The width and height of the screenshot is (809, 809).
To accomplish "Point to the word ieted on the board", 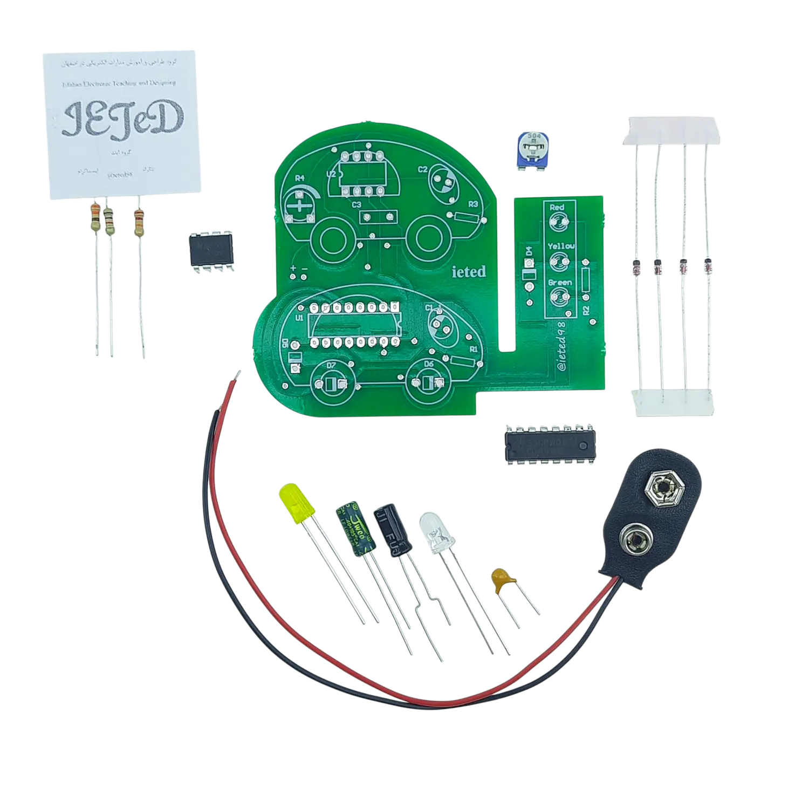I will point(468,272).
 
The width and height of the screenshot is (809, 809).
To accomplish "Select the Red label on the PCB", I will point(557,207).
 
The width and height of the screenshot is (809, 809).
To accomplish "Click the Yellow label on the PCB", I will point(561,246).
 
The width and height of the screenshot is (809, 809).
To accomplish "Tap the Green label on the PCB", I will point(559,283).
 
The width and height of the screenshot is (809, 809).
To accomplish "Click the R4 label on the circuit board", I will point(299,179).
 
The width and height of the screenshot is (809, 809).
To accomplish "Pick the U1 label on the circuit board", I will point(299,318).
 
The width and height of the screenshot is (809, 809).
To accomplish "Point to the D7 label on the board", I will point(332,366).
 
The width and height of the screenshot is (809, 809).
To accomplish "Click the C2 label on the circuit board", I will point(423,169).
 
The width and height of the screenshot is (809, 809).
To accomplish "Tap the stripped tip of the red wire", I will point(237,374).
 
